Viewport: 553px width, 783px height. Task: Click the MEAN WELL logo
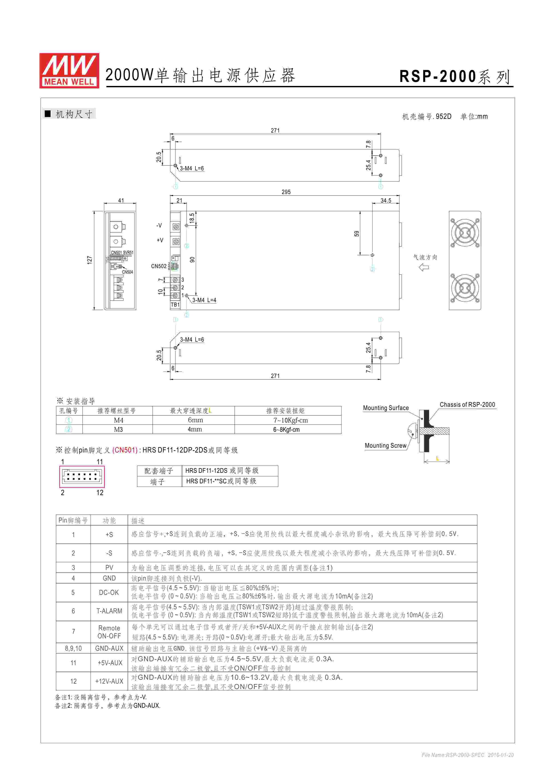(x=69, y=71)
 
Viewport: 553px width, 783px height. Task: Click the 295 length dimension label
(x=286, y=192)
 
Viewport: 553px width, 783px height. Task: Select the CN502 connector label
(x=159, y=266)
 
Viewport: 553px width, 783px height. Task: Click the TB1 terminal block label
(x=175, y=304)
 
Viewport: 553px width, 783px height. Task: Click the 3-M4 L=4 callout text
(x=204, y=300)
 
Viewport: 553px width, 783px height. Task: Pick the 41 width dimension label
(x=121, y=200)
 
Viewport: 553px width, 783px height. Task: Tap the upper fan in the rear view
(x=465, y=233)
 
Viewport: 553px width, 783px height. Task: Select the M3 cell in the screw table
(x=118, y=429)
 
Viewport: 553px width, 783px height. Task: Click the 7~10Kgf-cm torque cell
(x=290, y=420)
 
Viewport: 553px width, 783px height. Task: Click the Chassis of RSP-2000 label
(x=467, y=404)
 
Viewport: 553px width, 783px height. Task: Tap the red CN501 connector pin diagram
(x=82, y=476)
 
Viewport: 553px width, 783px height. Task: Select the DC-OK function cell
(x=109, y=592)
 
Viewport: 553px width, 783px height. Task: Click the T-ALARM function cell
(x=109, y=611)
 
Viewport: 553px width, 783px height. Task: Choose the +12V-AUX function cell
(x=109, y=681)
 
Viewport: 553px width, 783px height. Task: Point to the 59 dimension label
(x=356, y=234)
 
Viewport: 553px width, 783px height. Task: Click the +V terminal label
(x=160, y=240)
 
